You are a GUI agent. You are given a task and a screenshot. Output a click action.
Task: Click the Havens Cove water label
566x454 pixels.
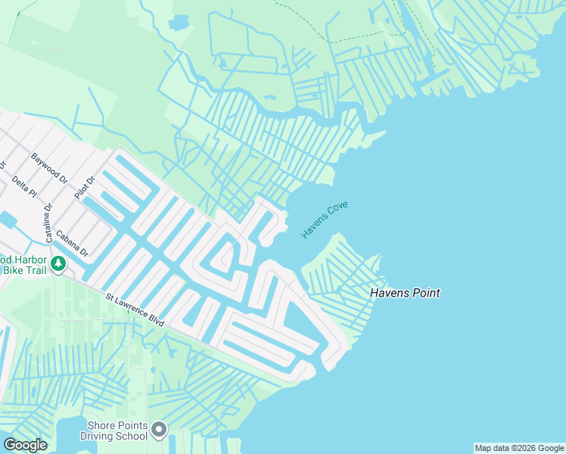325,220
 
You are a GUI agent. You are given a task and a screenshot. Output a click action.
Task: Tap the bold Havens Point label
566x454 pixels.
405,293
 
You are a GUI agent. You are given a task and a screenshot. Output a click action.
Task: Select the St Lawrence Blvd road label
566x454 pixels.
135,311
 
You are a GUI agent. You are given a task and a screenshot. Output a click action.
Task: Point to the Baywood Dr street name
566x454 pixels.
49,169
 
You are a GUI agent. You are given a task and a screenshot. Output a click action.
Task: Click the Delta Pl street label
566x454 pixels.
24,186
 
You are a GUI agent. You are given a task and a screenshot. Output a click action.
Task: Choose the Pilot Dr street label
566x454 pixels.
83,187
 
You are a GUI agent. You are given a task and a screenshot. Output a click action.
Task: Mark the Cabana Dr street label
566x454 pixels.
73,242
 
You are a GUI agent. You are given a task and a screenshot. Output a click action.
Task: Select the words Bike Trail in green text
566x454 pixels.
24,270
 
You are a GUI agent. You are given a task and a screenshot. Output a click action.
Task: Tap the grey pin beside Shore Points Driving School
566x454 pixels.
158,431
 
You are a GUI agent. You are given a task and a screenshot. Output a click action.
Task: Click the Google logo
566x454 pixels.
25,445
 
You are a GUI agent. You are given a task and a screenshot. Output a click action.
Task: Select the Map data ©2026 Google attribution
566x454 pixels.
519,448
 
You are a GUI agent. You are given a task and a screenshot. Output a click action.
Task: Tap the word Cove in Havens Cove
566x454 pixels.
337,210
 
